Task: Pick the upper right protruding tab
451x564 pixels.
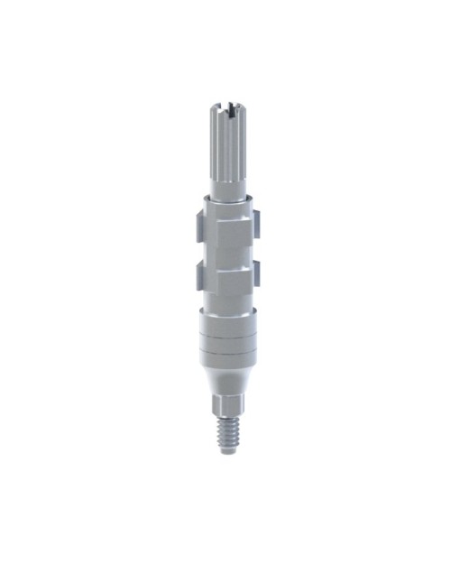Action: [x=255, y=220]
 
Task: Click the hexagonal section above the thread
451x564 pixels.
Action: [x=226, y=402]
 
